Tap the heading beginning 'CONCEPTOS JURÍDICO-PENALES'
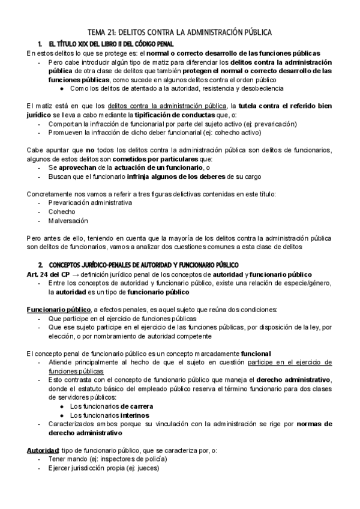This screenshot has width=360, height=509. coord(143,265)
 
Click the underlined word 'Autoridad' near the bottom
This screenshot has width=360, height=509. coord(43,450)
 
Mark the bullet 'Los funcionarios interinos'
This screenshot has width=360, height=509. coord(109,415)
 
